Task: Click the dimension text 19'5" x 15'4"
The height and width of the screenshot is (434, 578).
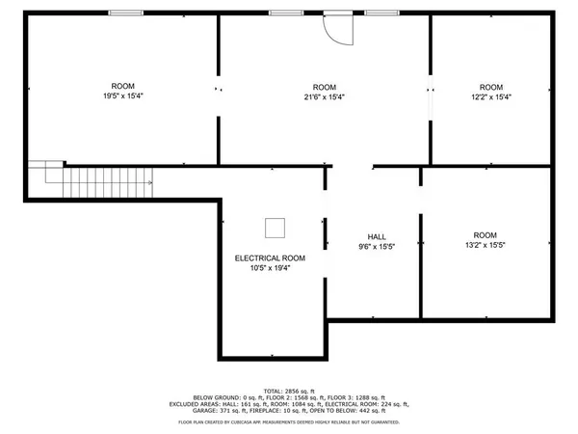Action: (122, 96)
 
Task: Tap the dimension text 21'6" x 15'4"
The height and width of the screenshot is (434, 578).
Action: (324, 96)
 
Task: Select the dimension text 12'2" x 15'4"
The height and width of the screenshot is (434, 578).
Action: (491, 96)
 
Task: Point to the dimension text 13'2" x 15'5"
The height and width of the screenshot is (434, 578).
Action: (485, 245)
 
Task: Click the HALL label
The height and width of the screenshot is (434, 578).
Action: (377, 237)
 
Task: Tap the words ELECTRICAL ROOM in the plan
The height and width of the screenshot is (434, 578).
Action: (271, 258)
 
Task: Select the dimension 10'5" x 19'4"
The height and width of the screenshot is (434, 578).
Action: (271, 268)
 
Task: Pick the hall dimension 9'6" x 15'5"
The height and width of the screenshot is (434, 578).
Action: (377, 247)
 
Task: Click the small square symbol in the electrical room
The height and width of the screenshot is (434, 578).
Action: (276, 228)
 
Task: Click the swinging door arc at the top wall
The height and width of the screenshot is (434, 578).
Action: (340, 30)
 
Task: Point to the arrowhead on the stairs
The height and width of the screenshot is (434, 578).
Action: (149, 181)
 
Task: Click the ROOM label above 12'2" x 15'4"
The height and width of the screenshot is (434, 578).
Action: (491, 87)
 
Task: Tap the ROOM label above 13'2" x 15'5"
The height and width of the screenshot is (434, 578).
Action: (485, 235)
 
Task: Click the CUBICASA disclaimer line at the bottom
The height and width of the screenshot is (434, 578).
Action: (289, 422)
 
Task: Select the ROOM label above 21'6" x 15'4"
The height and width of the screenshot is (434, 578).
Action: (324, 87)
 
